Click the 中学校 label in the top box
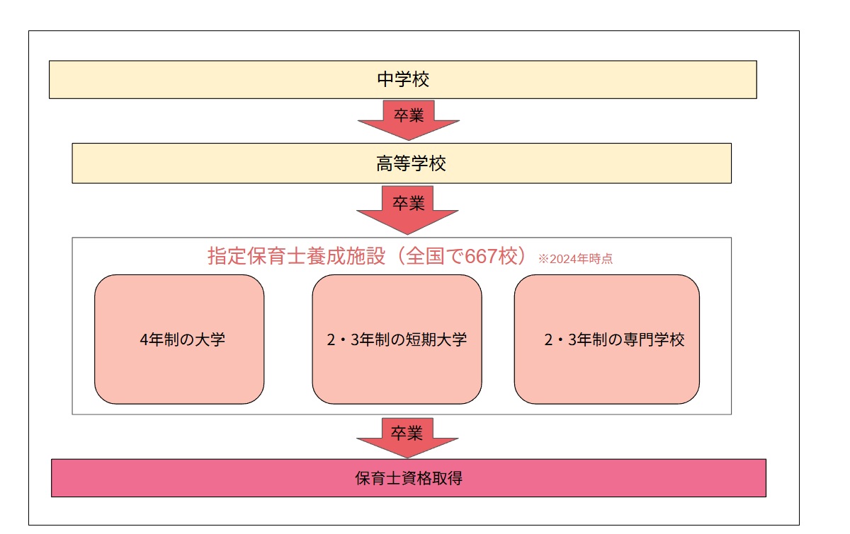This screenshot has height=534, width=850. click(x=403, y=79)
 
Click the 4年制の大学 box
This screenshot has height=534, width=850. click(x=179, y=339)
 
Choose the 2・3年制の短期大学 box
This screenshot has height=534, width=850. click(x=397, y=339)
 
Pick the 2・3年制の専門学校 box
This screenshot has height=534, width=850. click(x=607, y=339)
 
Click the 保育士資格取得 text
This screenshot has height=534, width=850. click(x=409, y=478)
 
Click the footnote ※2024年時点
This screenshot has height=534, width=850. click(x=575, y=259)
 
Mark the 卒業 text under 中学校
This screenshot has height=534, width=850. click(x=409, y=115)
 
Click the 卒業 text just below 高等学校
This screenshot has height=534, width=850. click(x=408, y=204)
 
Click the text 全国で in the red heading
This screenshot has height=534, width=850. click(x=431, y=256)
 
